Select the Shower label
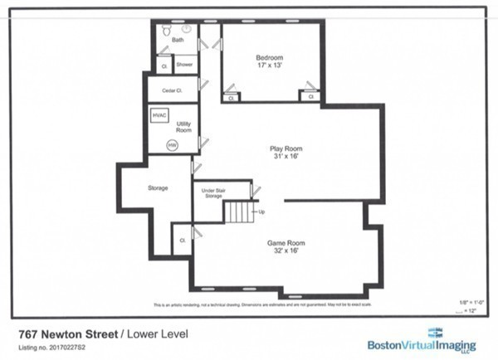coord(184,64)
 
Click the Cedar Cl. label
coord(172,88)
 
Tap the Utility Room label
coord(184,127)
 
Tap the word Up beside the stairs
coord(262,212)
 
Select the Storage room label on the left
coord(158,188)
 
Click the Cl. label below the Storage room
coord(182,241)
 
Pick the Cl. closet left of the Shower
coord(164,64)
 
